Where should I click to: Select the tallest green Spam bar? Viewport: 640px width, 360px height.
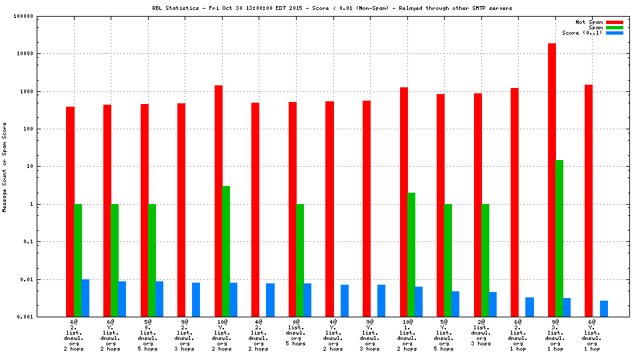point(559,238)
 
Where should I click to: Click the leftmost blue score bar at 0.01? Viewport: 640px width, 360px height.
point(85,298)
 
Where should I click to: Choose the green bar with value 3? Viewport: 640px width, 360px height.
point(226,251)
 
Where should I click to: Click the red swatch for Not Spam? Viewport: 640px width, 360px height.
point(614,22)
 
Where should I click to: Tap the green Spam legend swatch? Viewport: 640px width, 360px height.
point(614,27)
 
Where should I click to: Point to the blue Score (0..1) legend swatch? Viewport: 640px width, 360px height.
point(614,33)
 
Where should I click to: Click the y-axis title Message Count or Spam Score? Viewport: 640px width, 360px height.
point(5,167)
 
